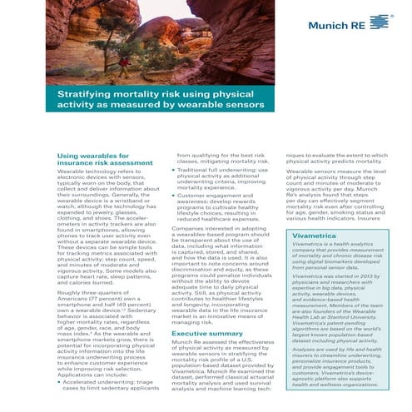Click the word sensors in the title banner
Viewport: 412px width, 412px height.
[245, 107]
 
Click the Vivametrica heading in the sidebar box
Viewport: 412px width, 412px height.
[315, 213]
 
